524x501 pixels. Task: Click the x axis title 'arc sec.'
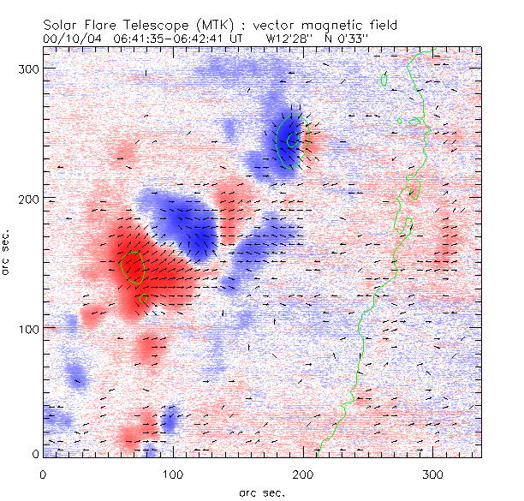[262, 492]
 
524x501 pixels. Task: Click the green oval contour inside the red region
[133, 266]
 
